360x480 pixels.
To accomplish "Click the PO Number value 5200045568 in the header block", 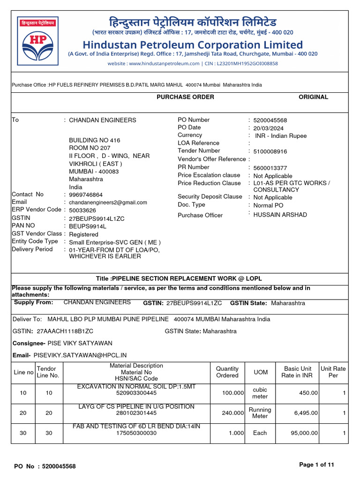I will pyautogui.click(x=270, y=120).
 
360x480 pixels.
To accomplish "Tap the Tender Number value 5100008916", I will pyautogui.click(x=270, y=151).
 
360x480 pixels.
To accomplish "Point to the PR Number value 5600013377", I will pyautogui.click(x=270, y=168).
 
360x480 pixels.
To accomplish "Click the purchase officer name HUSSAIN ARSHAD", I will pyautogui.click(x=280, y=215).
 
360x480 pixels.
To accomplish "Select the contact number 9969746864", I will pyautogui.click(x=86, y=195).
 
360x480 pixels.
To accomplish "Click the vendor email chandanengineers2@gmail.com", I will pyautogui.click(x=108, y=202).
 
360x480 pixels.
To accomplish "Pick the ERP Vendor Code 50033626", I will pyautogui.click(x=82, y=210).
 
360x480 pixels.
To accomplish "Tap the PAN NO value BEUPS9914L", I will pyautogui.click(x=88, y=226).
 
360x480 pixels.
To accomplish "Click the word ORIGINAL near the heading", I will pyautogui.click(x=313, y=97).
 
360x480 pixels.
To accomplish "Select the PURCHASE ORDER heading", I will pyautogui.click(x=185, y=97).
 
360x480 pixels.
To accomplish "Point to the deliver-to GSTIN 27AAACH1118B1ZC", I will pyautogui.click(x=60, y=331).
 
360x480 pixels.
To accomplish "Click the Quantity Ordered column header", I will pyautogui.click(x=227, y=372).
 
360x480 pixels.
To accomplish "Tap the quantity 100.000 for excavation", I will pyautogui.click(x=233, y=393).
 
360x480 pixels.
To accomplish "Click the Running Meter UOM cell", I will pyautogui.click(x=260, y=413).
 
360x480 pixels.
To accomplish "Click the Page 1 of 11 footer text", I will pyautogui.click(x=317, y=465).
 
